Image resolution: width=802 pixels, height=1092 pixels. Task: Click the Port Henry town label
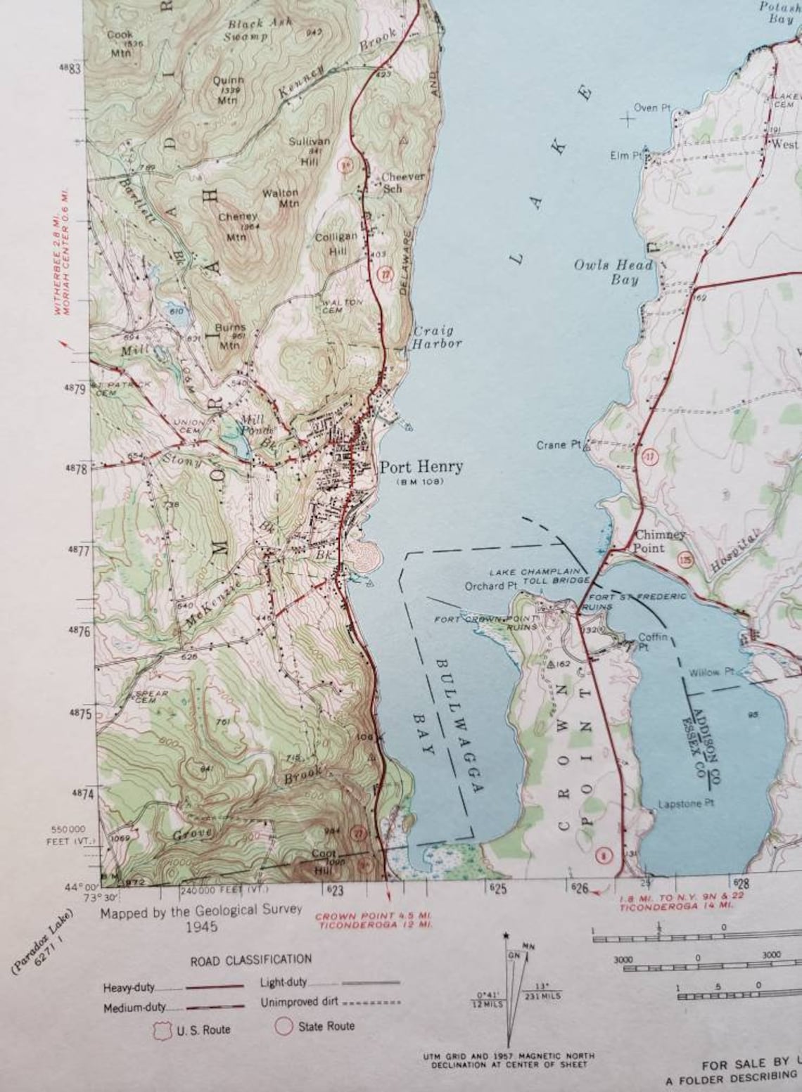click(421, 466)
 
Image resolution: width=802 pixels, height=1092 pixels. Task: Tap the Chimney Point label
click(659, 541)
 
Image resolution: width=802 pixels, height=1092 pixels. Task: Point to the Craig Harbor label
click(436, 337)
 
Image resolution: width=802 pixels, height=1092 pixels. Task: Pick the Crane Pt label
click(559, 445)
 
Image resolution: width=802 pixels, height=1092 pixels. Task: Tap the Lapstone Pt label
click(686, 803)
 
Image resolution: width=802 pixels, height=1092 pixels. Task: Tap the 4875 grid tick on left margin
click(79, 714)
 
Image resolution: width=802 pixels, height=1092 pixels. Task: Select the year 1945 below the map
click(201, 927)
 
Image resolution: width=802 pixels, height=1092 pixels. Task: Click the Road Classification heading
click(250, 960)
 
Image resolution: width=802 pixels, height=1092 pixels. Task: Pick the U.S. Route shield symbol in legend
click(160, 1030)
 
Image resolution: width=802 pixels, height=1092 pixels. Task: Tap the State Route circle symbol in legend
click(284, 1027)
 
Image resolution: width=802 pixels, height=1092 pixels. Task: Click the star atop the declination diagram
click(506, 937)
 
